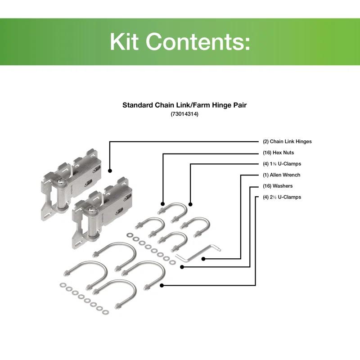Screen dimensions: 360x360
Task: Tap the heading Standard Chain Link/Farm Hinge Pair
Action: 184,105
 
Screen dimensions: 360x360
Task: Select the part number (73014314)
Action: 184,114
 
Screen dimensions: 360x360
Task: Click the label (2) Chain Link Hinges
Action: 287,141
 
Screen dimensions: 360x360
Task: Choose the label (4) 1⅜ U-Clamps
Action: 282,164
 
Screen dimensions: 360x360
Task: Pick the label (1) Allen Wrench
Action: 281,175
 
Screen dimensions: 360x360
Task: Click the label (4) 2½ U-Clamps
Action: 282,197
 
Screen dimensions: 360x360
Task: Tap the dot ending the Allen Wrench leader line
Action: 204,259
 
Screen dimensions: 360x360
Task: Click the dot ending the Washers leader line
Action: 182,267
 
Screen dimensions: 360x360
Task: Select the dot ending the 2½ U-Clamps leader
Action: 162,285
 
